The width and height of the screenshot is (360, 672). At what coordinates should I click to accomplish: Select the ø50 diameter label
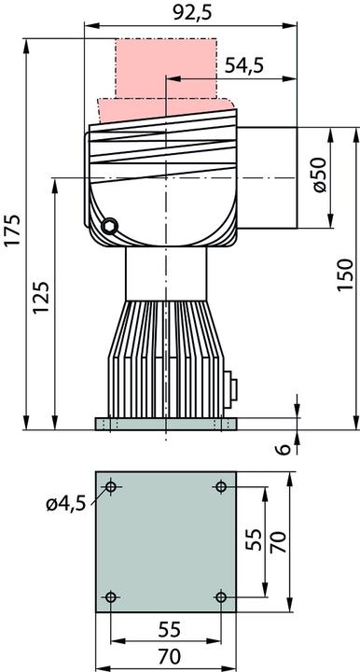point(318,176)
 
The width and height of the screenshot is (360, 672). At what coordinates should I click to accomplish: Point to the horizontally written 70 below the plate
point(166,657)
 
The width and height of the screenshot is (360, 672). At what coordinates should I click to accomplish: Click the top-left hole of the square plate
point(111,487)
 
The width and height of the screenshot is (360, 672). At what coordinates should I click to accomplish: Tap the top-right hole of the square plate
point(221,487)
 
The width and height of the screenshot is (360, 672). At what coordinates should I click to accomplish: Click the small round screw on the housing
point(110,224)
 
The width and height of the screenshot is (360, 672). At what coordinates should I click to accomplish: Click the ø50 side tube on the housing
point(270,177)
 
